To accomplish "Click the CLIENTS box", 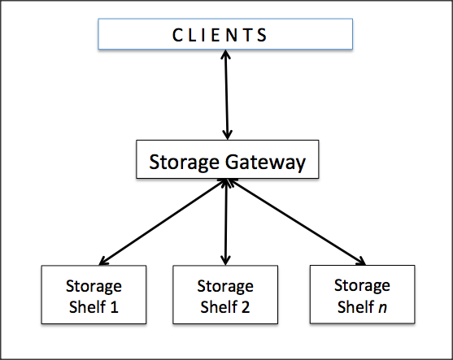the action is (225, 34).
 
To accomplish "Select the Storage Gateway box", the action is (228, 159).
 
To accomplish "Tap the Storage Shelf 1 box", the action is (94, 294).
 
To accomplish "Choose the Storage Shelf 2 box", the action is (225, 294).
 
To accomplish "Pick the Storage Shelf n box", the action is (362, 294).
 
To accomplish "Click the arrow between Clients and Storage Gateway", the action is (226, 95).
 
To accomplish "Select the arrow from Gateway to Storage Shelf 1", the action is (163, 222).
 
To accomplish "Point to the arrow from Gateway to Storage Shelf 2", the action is (226, 222).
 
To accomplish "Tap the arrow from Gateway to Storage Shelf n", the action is (298, 222).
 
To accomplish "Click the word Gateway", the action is (265, 163).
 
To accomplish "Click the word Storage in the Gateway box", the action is (184, 163).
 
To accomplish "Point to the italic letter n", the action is (382, 307).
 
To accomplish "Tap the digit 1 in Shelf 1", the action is (115, 307).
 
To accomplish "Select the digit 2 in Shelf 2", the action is (246, 307).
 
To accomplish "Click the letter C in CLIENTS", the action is (176, 35).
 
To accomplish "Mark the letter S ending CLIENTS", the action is (263, 35).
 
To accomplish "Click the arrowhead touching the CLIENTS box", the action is (225, 54).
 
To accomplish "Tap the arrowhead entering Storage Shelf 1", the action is (103, 261).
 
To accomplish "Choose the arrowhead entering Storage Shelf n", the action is (361, 261).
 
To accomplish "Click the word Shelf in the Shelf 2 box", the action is (218, 306).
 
